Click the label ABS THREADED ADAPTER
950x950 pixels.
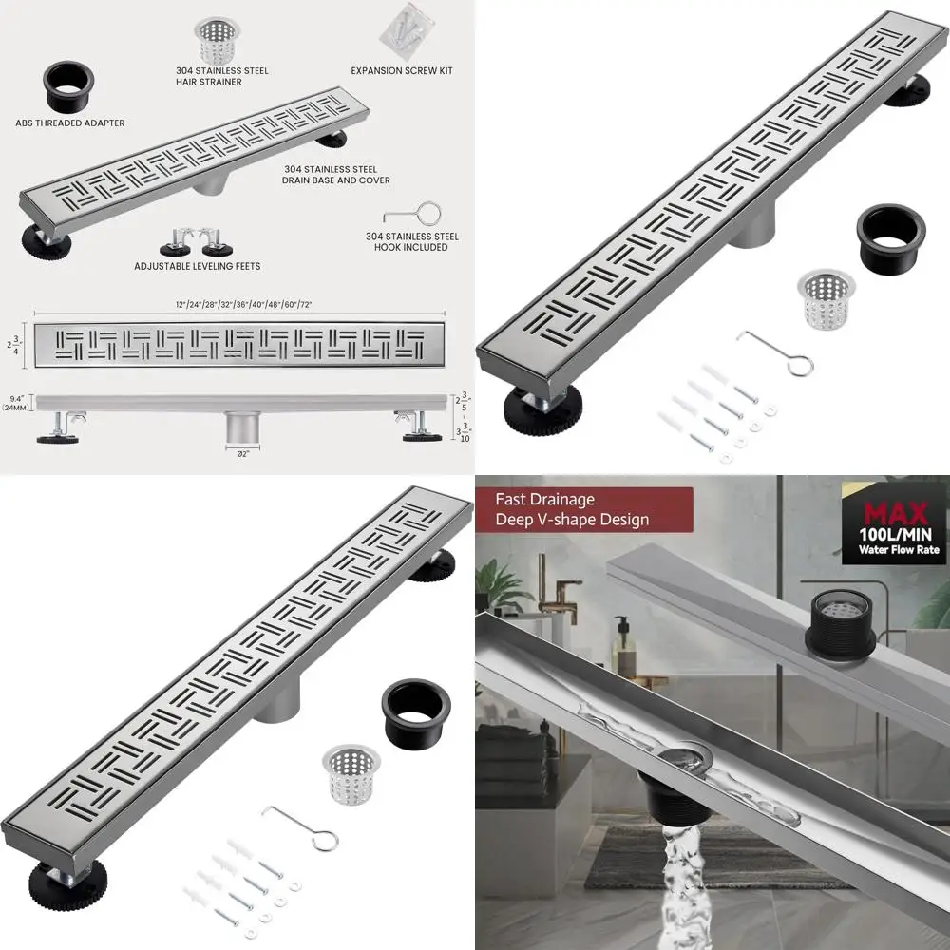tap(69, 123)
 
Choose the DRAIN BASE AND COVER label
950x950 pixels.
tap(336, 174)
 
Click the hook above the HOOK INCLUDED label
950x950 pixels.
tap(413, 214)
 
